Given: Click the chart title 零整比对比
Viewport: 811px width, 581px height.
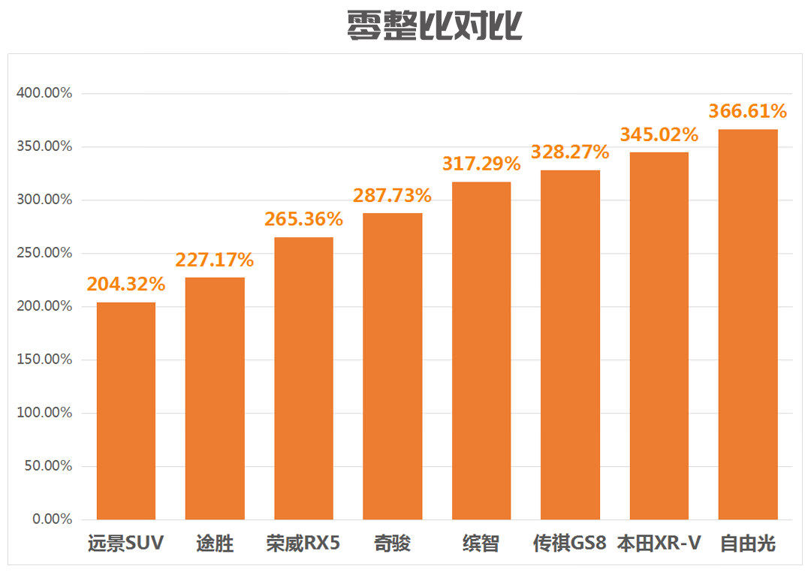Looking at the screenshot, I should tap(434, 26).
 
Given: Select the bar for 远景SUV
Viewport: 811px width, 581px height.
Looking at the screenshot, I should tap(126, 411).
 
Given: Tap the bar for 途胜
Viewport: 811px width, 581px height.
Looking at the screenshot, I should tap(215, 398).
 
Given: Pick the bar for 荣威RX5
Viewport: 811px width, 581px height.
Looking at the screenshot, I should tap(303, 378).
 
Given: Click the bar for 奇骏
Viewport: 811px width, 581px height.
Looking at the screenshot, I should tap(392, 366).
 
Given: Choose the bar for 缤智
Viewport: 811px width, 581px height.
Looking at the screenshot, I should tap(481, 351).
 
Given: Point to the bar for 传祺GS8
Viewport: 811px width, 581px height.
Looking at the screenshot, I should tap(570, 345).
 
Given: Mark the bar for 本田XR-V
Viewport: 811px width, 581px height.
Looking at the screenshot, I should tap(659, 336).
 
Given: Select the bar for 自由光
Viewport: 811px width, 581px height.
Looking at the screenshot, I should tap(748, 324).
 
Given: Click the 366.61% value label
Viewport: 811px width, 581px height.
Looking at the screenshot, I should tap(748, 112).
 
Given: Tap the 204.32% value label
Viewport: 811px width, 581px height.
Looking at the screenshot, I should tap(126, 284).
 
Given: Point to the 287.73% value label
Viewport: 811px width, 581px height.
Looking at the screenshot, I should tap(392, 196).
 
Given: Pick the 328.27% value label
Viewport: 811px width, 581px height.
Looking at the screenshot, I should tap(570, 152).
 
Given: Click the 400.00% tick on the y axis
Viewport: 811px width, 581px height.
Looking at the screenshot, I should tap(44, 93).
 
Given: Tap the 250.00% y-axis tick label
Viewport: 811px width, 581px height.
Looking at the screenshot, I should tap(44, 253).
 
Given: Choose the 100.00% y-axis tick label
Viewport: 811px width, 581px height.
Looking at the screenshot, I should tap(44, 413).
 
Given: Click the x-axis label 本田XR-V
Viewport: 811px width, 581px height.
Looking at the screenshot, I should tap(659, 543).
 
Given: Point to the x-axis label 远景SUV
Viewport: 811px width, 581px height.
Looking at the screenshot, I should tap(125, 543).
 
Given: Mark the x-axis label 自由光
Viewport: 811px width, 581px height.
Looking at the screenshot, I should tap(748, 543).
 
